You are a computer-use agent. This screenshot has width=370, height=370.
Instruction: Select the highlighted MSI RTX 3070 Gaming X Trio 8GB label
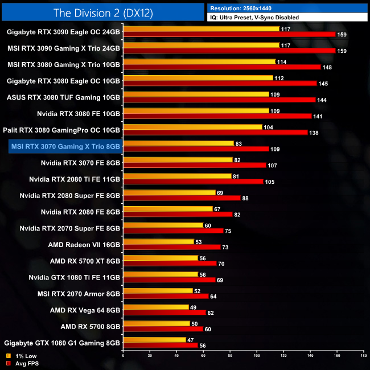click(x=65, y=146)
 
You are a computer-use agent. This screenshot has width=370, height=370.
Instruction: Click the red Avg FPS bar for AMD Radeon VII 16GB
click(x=171, y=247)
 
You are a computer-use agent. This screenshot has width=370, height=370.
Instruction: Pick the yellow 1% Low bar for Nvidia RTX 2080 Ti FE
click(x=176, y=176)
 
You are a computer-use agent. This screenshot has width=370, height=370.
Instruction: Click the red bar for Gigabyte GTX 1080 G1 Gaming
click(x=160, y=345)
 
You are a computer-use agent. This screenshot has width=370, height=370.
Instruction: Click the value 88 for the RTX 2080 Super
click(x=246, y=198)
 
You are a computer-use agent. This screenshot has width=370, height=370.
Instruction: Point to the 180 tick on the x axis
click(x=363, y=355)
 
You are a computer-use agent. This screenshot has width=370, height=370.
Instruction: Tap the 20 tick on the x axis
click(x=150, y=355)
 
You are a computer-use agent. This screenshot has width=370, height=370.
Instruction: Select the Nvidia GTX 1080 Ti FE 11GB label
click(x=75, y=277)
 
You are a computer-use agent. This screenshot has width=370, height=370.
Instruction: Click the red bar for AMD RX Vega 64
click(x=164, y=313)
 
